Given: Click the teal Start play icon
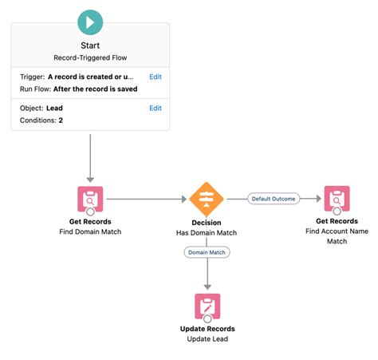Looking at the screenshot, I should coord(90,22).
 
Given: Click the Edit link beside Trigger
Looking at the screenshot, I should coord(156,77).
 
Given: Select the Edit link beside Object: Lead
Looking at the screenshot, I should coord(156,108).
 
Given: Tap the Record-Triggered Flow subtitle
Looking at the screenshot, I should coord(90,58).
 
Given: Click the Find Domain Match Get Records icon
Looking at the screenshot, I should coord(90,198).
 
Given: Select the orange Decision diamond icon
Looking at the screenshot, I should coord(207,198).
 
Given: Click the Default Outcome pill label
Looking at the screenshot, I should coord(273,198).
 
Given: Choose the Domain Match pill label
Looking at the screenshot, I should coord(207,252).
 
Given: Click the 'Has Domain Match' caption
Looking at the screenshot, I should coord(207,233).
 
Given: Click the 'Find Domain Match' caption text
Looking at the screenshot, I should coord(90,233).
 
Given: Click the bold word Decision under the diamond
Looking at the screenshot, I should coord(207,222).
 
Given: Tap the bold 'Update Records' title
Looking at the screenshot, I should coord(207,330).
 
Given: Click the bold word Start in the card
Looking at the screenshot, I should coord(90,46).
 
